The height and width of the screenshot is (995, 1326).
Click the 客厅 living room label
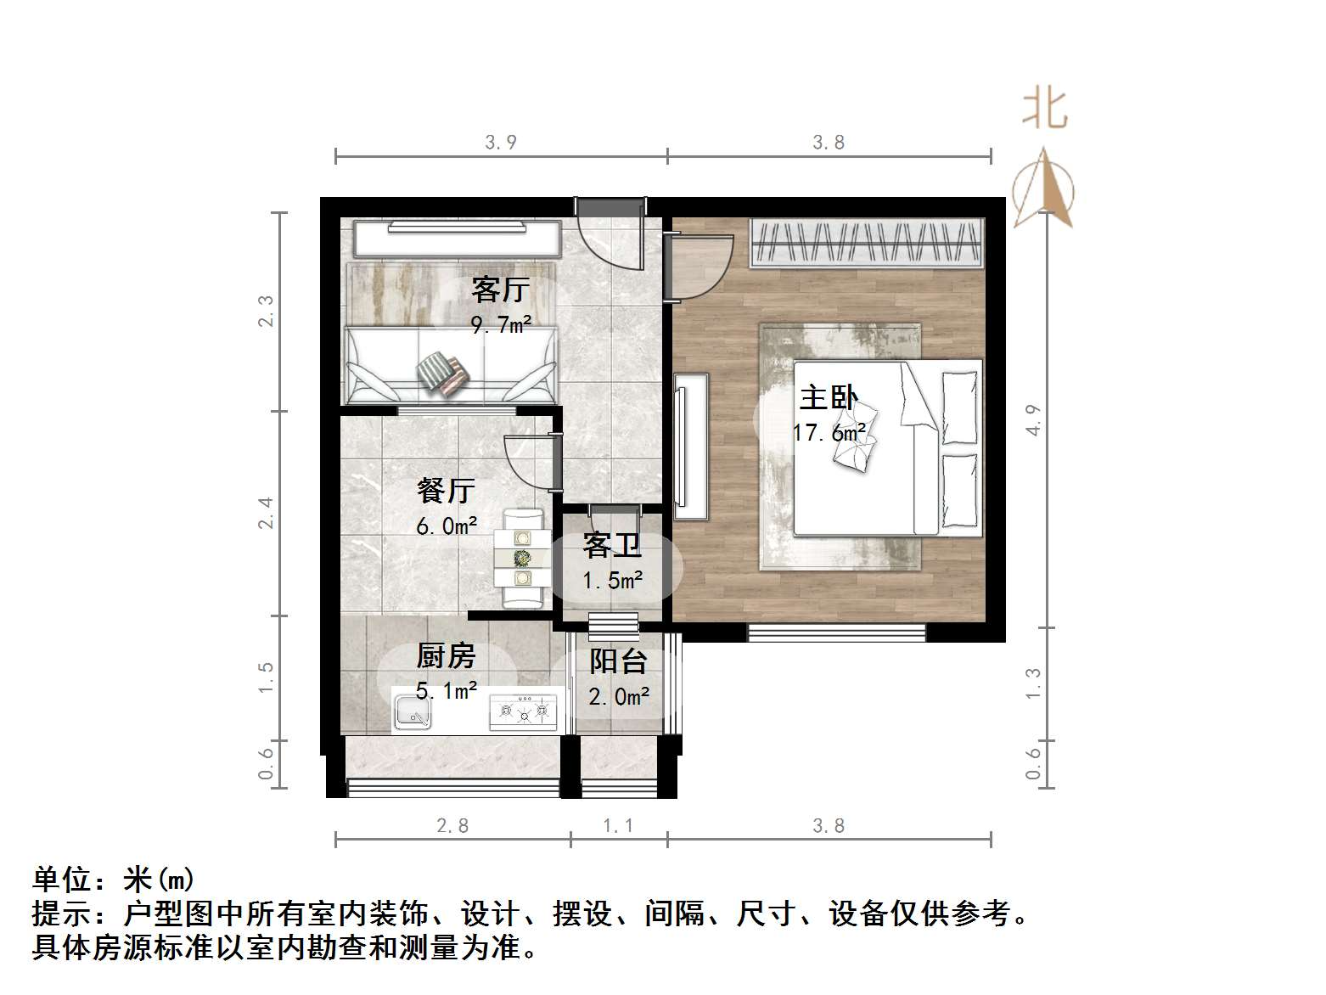(500, 290)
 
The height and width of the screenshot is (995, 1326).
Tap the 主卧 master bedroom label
(829, 398)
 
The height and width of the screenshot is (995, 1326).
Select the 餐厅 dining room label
(446, 491)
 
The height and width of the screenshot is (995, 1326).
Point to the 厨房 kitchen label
(446, 656)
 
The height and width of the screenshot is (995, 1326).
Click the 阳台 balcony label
(619, 661)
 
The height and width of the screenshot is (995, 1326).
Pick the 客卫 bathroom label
(612, 546)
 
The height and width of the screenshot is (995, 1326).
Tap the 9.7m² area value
(501, 324)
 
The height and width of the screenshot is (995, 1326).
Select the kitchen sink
(413, 711)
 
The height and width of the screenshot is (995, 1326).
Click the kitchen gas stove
(524, 711)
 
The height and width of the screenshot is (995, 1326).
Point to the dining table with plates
(523, 558)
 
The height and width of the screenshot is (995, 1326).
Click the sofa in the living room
(450, 365)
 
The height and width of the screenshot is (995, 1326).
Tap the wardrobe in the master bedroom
(867, 243)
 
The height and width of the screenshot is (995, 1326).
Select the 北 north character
(1044, 110)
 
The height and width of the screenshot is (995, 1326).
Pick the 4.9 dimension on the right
(1033, 420)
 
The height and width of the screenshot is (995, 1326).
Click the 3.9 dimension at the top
(501, 143)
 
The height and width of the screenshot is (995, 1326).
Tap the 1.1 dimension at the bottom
(618, 826)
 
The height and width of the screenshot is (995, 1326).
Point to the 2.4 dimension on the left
(266, 513)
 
